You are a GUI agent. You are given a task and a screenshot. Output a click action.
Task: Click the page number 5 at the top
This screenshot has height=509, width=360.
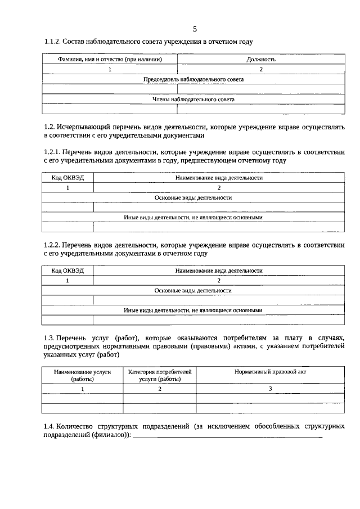195,29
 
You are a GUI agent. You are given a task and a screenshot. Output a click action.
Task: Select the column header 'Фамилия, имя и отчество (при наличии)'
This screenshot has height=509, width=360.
110,59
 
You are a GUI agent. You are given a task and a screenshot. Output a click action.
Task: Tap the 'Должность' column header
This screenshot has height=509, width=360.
261,59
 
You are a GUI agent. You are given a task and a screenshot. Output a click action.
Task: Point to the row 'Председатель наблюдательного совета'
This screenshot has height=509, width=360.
194,79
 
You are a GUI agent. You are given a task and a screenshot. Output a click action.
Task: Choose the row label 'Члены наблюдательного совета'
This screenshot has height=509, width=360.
194,100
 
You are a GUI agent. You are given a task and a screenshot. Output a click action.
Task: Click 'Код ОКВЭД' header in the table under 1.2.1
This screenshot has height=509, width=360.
68,177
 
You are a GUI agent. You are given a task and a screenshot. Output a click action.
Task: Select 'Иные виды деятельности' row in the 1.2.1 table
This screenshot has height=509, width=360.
194,217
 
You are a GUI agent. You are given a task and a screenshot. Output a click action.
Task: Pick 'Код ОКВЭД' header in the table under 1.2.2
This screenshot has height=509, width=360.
68,271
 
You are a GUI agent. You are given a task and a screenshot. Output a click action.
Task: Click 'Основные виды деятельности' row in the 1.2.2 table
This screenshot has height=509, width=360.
194,291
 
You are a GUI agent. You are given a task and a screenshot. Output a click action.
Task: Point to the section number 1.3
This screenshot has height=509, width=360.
49,337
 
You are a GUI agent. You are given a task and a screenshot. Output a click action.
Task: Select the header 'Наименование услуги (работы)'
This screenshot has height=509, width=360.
83,376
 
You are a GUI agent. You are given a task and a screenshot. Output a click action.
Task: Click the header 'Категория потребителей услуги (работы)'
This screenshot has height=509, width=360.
160,376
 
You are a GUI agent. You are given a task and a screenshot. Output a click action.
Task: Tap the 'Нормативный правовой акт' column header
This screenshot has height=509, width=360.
270,372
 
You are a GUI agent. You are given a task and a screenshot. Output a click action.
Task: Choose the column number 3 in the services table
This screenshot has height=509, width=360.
270,389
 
